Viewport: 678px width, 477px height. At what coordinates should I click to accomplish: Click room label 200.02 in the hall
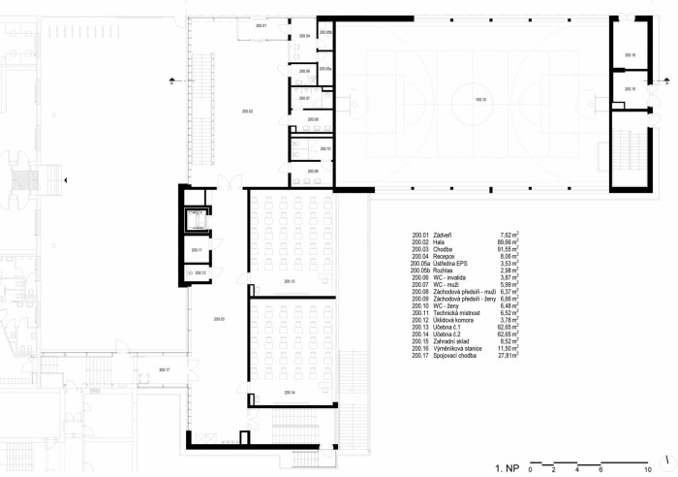[x=246, y=112]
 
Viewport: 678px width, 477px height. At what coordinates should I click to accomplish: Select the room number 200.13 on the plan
[x=289, y=281]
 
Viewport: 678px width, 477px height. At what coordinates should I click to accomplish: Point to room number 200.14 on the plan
[x=289, y=392]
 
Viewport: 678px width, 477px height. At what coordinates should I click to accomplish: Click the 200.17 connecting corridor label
[x=164, y=370]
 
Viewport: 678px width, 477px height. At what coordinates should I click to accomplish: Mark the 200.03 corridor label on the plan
[x=219, y=319]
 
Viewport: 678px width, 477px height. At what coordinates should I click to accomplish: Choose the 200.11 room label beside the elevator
[x=196, y=250]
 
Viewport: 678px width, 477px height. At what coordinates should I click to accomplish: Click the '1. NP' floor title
[x=508, y=468]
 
